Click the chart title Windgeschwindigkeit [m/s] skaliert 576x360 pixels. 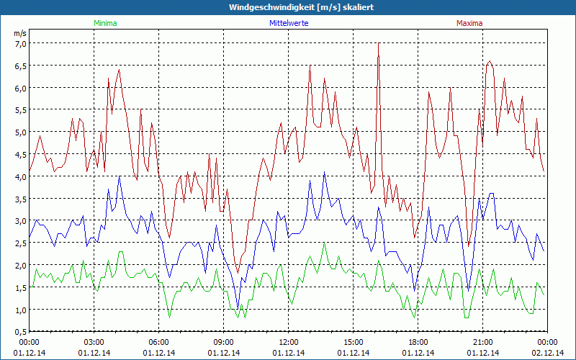(x=291, y=7)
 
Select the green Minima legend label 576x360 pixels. (x=105, y=23)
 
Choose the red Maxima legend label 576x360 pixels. (x=469, y=23)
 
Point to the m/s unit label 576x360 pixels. (x=20, y=33)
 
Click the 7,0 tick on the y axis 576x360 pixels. (x=21, y=43)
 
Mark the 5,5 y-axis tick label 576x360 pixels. (x=21, y=110)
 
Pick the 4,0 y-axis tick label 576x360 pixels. (x=21, y=176)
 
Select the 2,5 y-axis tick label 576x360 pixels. (x=21, y=243)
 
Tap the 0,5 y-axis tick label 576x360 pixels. (x=21, y=331)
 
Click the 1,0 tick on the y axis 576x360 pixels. (x=21, y=310)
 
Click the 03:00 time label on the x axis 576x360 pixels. (x=94, y=342)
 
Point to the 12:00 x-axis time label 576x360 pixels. (x=289, y=342)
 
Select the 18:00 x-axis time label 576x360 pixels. (x=418, y=342)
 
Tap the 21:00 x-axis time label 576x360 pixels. (x=483, y=342)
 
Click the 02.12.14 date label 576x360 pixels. (x=548, y=353)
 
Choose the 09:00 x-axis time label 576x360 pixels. (x=224, y=342)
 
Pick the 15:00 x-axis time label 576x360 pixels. (x=354, y=342)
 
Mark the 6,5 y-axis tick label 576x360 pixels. (x=21, y=66)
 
